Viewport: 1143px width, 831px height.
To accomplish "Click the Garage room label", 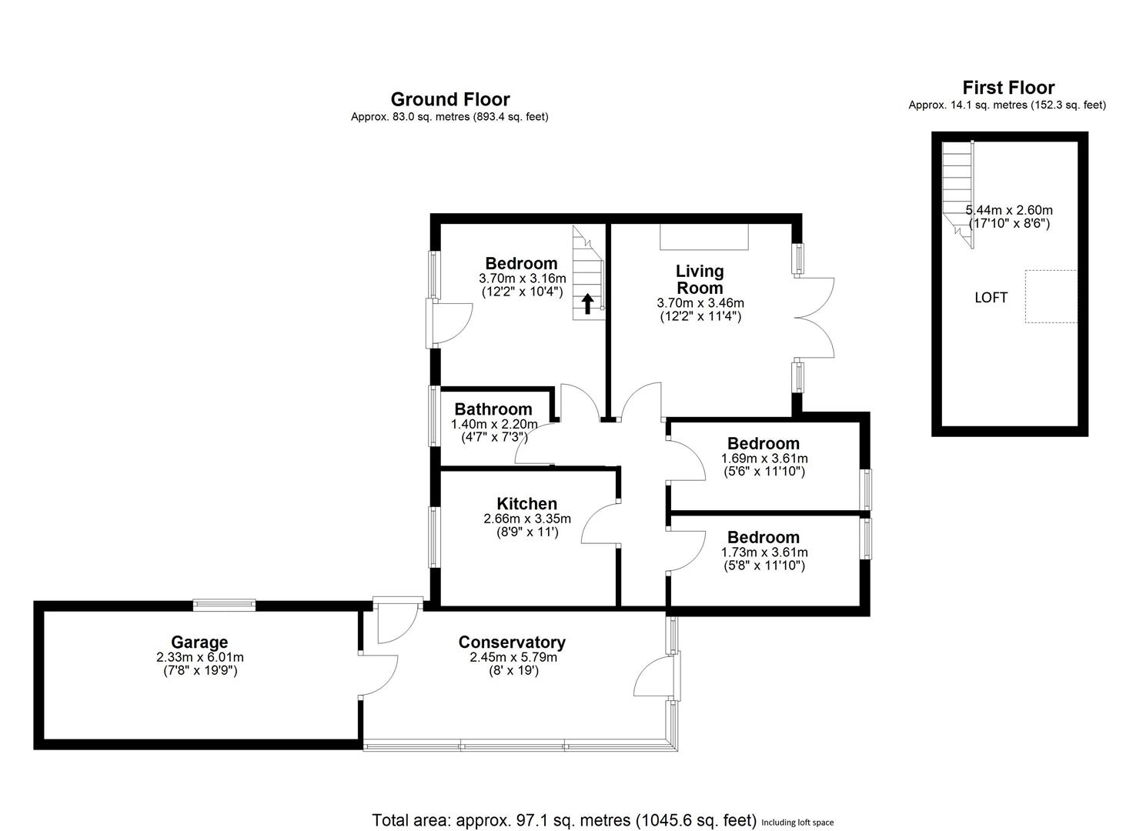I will pos(199,642).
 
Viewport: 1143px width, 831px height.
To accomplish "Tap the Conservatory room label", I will pos(512,642).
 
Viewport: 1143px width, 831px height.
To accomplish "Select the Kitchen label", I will pos(526,504).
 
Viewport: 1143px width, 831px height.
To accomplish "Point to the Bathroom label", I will pos(493,409).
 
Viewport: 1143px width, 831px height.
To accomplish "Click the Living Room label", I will pos(700,279).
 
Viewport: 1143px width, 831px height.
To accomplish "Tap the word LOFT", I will pos(991,298).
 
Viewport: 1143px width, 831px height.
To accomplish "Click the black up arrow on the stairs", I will pos(587,304).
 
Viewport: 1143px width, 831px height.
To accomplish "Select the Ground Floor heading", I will pos(450,99).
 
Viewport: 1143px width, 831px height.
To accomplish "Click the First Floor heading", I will pos(1008,88).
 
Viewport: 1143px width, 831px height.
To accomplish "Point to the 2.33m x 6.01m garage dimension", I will pos(199,657).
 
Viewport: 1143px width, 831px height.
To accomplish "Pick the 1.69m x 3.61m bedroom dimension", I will pos(764,459).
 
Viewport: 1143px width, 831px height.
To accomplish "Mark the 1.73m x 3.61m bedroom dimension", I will pos(764,552).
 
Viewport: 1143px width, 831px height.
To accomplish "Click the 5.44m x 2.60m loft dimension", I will pos(1009,210).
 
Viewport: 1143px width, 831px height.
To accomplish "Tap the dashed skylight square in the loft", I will pos(1051,296).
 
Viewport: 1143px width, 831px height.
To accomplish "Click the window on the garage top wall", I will pos(224,605).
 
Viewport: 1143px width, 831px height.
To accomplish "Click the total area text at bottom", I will pos(564,820).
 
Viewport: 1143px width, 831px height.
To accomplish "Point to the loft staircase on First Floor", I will pos(958,189).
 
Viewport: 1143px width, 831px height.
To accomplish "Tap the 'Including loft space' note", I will pos(797,823).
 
